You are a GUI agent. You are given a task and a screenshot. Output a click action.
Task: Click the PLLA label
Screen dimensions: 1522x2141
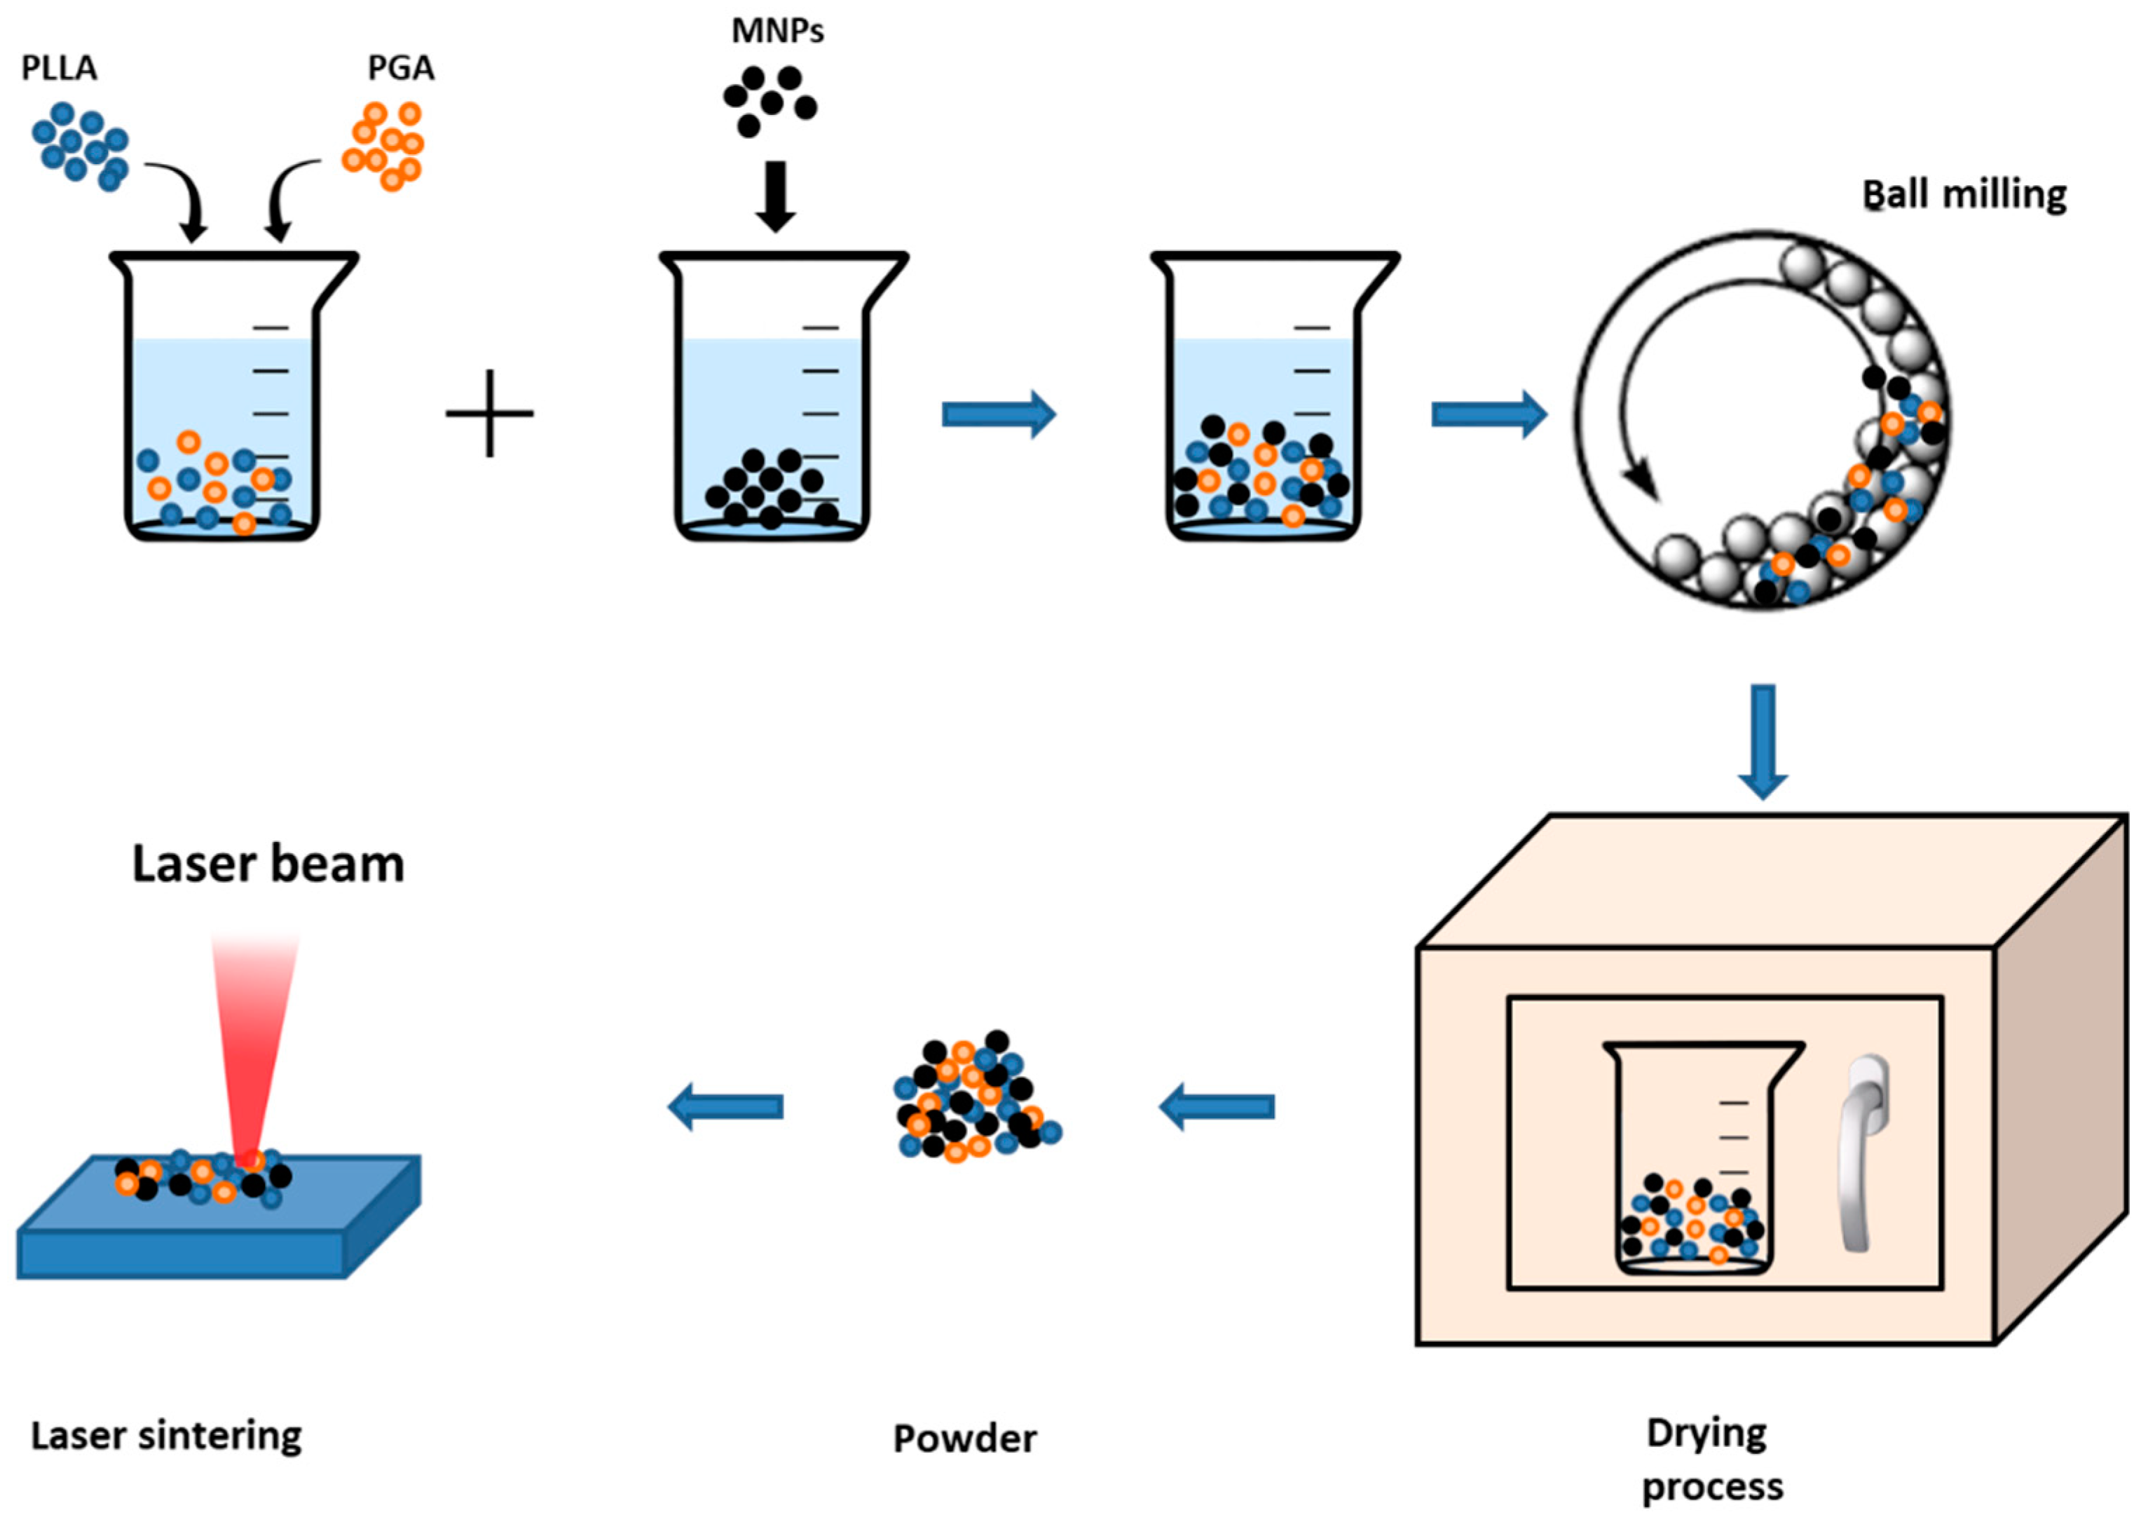59,69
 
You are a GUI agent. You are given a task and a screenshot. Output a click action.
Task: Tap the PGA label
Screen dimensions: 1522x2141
401,69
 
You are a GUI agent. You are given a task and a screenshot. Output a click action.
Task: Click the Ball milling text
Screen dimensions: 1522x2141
1963,195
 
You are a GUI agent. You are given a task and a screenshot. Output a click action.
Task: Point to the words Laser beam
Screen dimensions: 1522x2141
268,863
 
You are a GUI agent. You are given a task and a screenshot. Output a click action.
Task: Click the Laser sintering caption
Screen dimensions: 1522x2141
166,1435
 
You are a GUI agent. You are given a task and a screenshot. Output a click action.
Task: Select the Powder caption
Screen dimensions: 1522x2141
964,1438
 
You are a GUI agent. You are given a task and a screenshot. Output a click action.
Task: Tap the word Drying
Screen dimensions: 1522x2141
1706,1433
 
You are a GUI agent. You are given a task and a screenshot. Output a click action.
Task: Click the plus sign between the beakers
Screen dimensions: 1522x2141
489,414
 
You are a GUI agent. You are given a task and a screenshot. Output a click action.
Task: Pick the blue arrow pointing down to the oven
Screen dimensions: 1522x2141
1763,740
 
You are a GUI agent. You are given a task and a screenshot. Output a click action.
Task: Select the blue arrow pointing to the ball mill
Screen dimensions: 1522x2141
1488,414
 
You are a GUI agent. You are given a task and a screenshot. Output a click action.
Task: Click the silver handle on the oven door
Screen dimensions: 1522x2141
1863,1153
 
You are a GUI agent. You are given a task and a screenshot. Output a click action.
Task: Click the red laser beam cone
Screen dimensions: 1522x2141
254,1031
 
